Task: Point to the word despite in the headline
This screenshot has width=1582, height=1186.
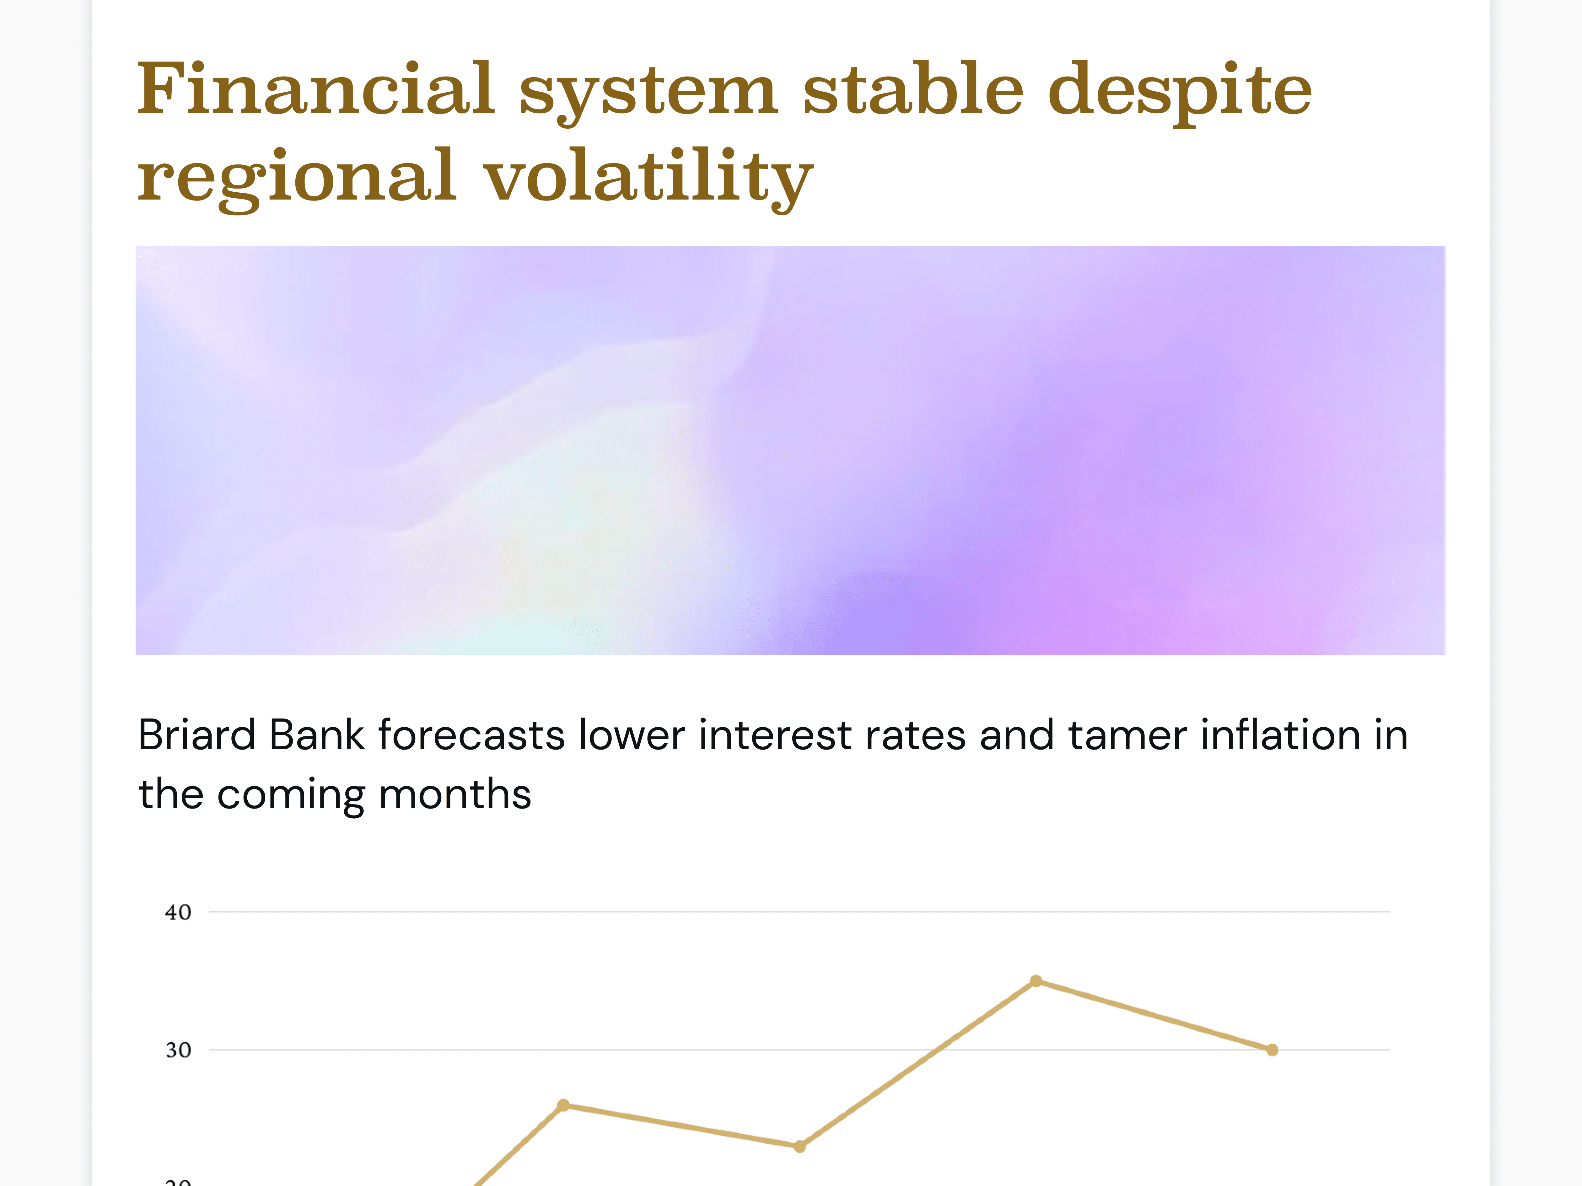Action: (1180, 93)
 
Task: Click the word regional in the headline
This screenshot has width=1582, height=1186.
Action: (297, 179)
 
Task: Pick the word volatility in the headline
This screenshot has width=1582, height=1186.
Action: (649, 179)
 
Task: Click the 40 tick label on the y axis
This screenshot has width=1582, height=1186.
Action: (178, 912)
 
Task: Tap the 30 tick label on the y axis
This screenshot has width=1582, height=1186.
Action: (178, 1050)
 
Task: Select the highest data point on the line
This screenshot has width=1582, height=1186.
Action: (1036, 981)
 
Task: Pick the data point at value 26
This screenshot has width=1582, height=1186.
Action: (563, 1105)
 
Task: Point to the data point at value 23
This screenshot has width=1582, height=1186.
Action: (799, 1147)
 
